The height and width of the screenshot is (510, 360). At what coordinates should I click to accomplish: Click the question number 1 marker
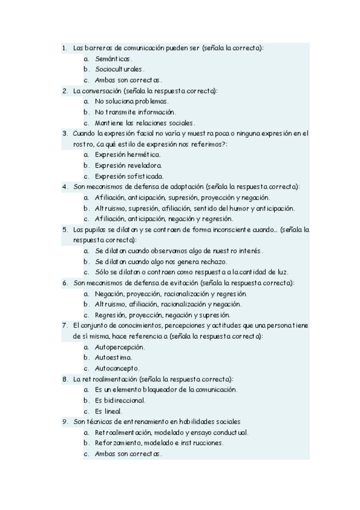[x=64, y=48]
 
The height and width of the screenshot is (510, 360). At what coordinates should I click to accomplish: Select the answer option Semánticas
[x=113, y=58]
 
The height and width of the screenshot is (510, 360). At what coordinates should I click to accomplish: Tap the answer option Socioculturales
[x=119, y=69]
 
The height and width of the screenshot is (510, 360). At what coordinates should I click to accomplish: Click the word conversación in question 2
[x=97, y=91]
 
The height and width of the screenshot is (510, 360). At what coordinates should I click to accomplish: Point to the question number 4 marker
[x=64, y=187]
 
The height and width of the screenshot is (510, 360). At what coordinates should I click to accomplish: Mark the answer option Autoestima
[x=113, y=357]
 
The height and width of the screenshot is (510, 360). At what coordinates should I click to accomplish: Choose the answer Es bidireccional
[x=120, y=400]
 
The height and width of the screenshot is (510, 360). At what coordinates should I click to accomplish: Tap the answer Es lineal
[x=108, y=411]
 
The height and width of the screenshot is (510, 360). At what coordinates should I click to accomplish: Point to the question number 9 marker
[x=64, y=422]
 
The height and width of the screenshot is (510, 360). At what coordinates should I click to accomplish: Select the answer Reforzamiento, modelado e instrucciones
[x=159, y=443]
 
